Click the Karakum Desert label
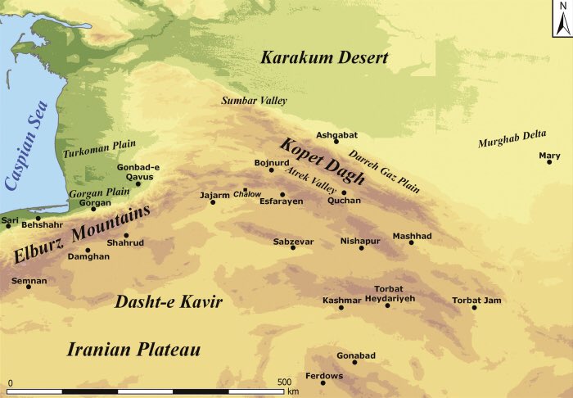[x=324, y=57]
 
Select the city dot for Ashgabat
[x=336, y=142]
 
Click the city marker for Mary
[x=550, y=162]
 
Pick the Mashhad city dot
[x=412, y=242]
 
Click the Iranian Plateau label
[x=133, y=350]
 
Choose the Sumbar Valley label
[x=254, y=101]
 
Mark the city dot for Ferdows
[x=323, y=382]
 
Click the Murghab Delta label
[x=513, y=143]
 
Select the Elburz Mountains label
[x=82, y=235]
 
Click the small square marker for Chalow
[x=245, y=189]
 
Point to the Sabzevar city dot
[x=293, y=247]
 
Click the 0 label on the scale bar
[x=11, y=382]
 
